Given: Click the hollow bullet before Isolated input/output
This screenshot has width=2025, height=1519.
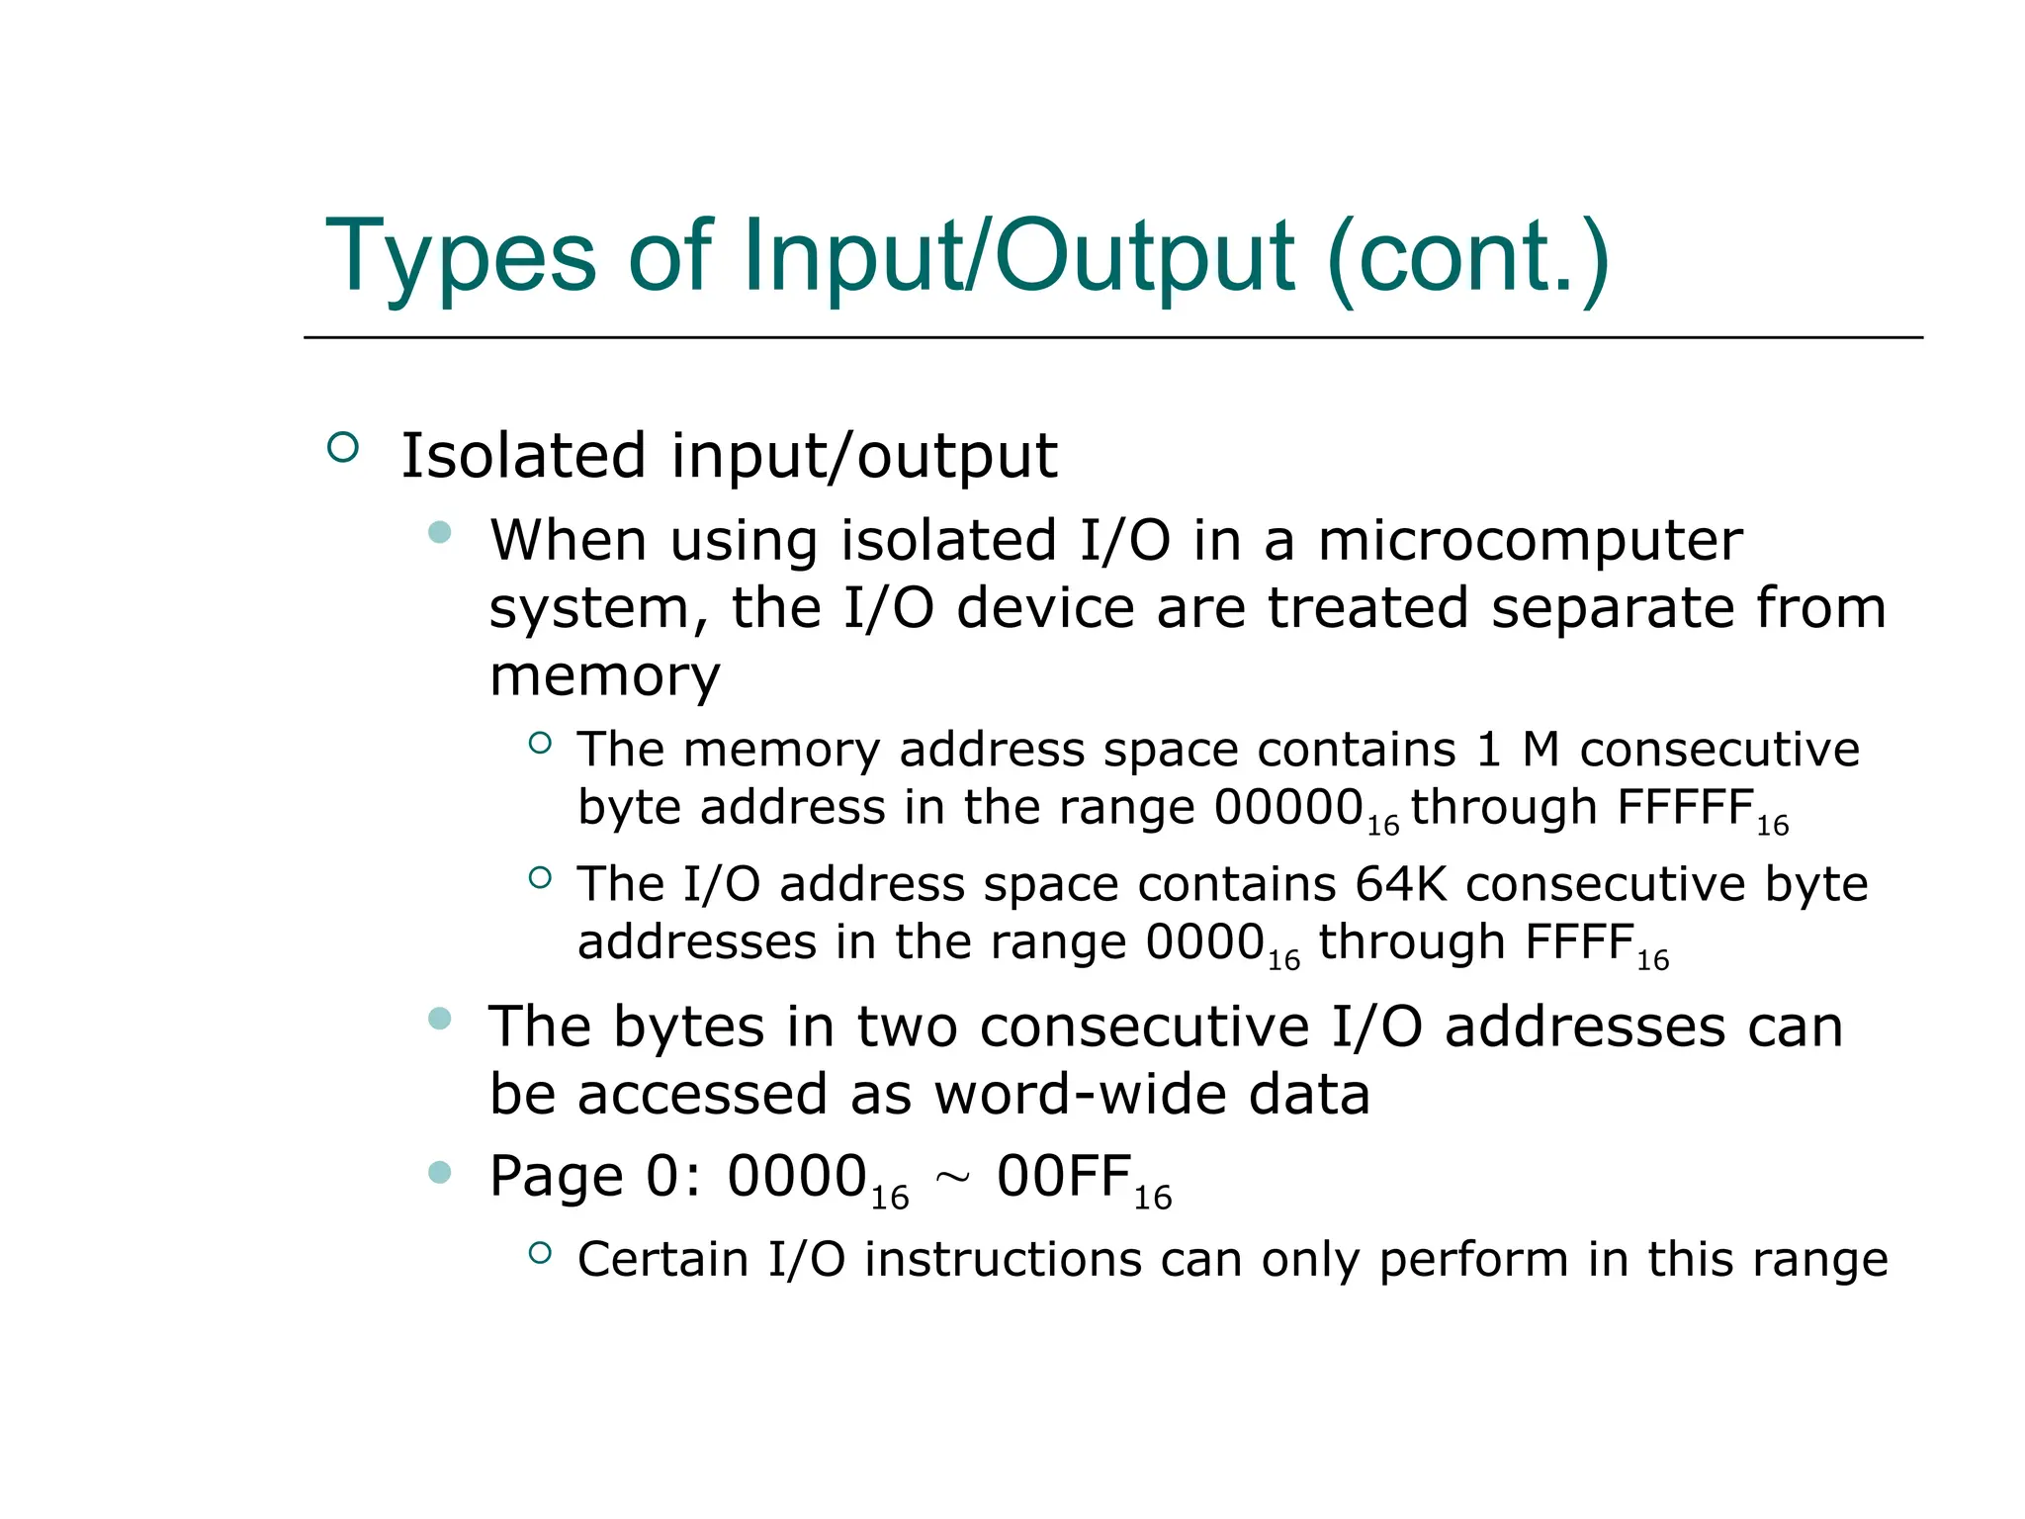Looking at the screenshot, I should [x=342, y=448].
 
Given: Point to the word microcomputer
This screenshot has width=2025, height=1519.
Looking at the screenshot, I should [x=1530, y=541].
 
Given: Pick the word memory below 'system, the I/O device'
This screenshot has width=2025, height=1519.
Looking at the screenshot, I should [x=604, y=676].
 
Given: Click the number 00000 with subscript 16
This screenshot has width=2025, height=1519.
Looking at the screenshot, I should [x=1289, y=808].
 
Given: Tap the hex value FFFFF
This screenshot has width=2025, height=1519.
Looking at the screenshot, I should [x=1685, y=808].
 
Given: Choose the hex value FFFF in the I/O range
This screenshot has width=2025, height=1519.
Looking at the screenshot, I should [x=1578, y=942].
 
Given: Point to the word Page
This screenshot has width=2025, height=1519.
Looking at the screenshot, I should [x=556, y=1177].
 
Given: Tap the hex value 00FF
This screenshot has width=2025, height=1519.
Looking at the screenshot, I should [x=1063, y=1177].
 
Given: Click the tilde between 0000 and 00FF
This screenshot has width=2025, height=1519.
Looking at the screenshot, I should [x=952, y=1177].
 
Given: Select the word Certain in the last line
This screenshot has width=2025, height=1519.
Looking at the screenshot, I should [x=662, y=1260].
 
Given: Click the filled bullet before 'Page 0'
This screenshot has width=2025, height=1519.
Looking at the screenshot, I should [x=440, y=1173].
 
